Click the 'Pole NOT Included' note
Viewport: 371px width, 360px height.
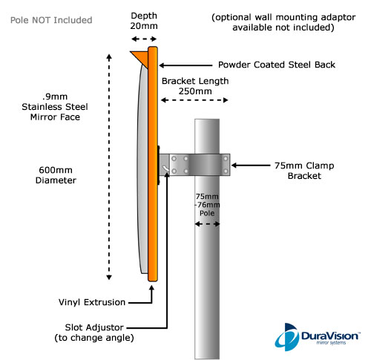(x=51, y=20)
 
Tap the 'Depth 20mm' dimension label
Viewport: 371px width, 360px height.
(x=144, y=21)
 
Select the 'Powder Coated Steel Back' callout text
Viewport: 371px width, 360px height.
(x=277, y=65)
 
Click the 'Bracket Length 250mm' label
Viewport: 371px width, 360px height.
(x=195, y=86)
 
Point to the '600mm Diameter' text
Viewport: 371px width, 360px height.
(x=56, y=175)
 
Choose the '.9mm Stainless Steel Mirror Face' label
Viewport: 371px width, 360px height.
(x=55, y=107)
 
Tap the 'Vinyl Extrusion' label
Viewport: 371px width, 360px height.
(x=92, y=302)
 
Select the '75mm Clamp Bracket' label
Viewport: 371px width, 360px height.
(x=304, y=171)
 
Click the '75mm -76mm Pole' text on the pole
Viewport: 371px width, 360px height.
(x=207, y=205)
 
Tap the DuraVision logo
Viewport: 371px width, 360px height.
(x=318, y=337)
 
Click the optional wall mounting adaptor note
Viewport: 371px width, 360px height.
(x=283, y=22)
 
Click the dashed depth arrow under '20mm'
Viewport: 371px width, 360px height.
(x=144, y=39)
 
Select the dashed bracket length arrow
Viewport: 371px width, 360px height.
(x=194, y=100)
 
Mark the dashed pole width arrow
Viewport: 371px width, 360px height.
(x=207, y=224)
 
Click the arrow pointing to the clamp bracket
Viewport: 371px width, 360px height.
(x=251, y=166)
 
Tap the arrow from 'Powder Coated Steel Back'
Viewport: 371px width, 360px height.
(x=185, y=65)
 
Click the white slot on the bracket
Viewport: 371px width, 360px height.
(x=165, y=169)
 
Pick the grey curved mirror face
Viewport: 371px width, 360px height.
(x=142, y=168)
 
